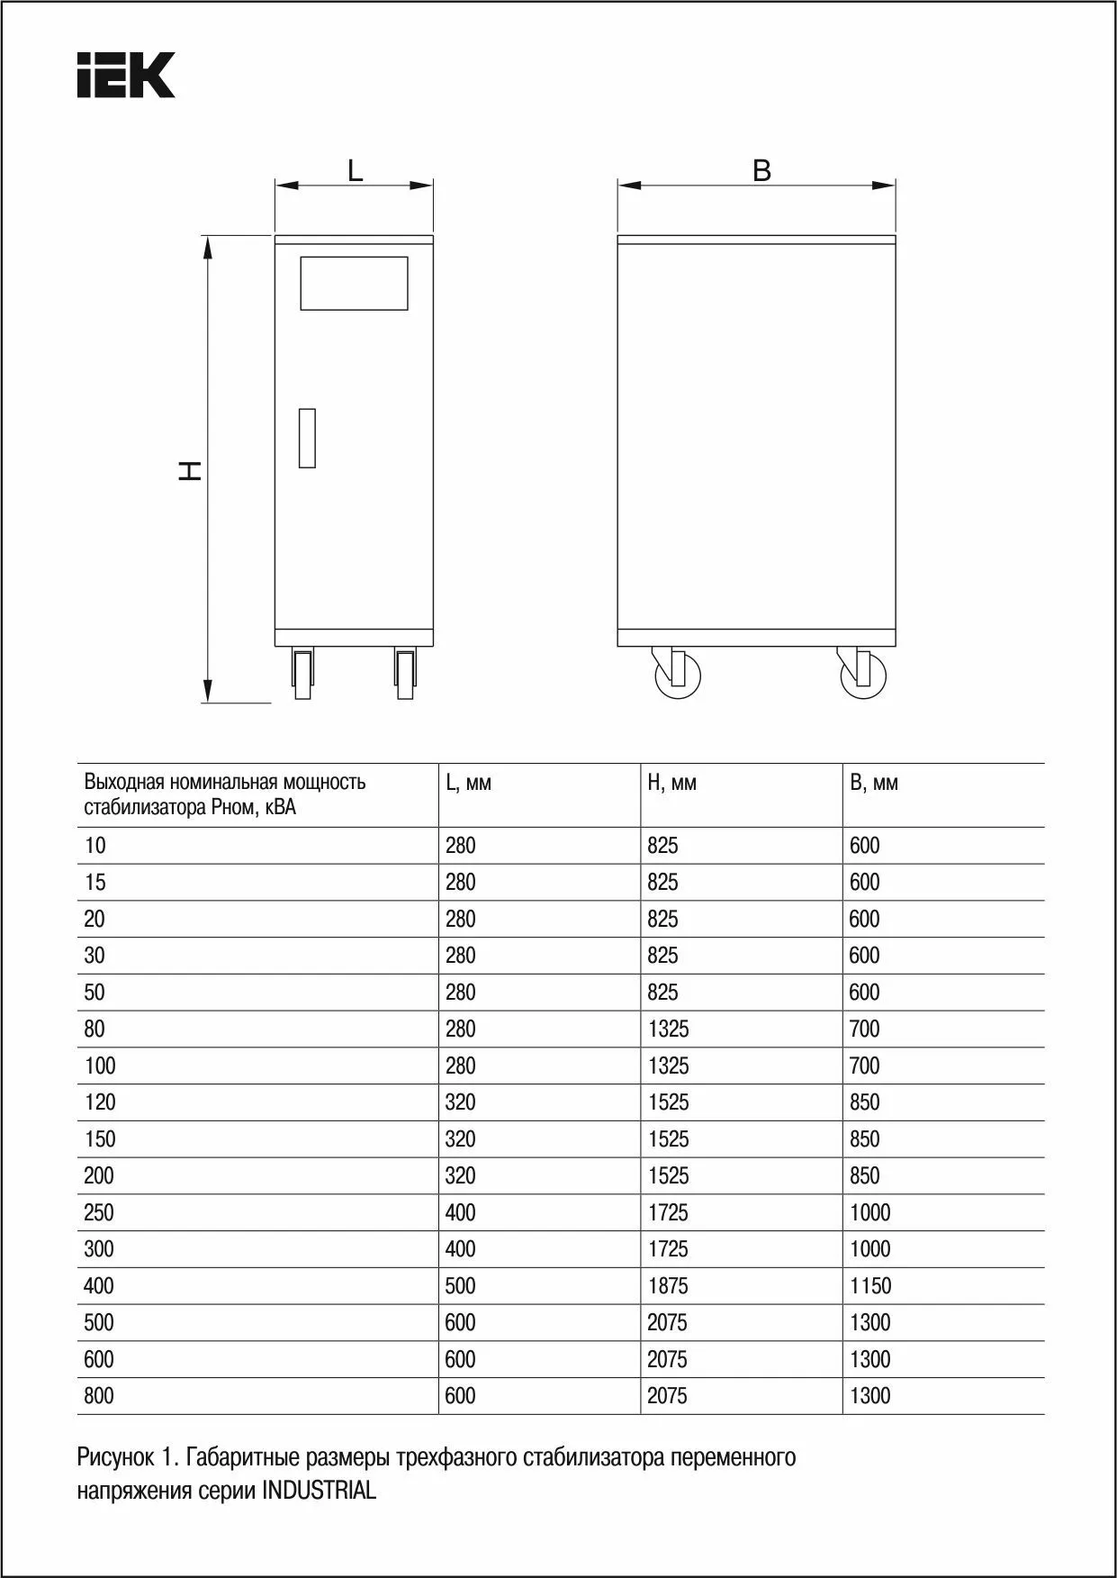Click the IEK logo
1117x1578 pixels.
pos(125,75)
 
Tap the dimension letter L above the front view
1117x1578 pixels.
pos(356,170)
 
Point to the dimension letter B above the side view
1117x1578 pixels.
pos(761,170)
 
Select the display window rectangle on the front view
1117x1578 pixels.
pos(354,284)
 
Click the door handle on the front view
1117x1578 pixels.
pos(307,438)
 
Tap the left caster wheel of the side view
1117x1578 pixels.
pos(677,675)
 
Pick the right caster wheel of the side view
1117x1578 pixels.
pos(861,675)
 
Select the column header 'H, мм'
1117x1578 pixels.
pos(671,783)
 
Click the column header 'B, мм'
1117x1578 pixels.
pos(873,783)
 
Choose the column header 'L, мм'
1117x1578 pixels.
pos(468,783)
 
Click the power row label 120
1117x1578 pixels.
pos(100,1102)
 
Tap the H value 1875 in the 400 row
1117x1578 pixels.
pos(668,1286)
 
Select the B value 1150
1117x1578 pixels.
pos(870,1286)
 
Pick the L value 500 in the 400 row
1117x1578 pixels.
pos(460,1286)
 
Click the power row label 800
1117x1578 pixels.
pos(99,1396)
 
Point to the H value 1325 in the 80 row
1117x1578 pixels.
pos(668,1029)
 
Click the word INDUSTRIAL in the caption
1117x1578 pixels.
pos(319,1491)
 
